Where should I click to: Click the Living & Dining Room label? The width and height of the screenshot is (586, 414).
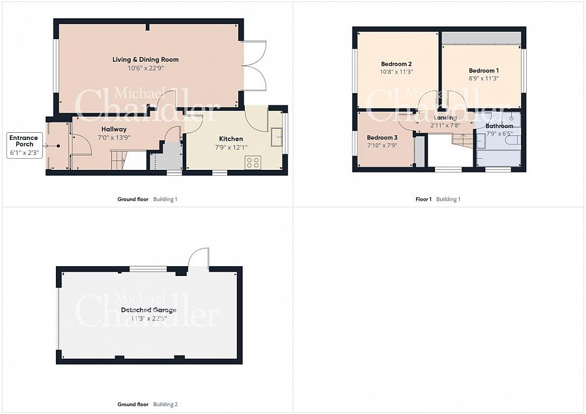tap(145, 59)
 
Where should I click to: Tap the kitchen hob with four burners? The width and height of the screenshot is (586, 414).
tap(253, 163)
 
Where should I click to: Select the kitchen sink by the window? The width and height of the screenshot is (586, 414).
tap(277, 137)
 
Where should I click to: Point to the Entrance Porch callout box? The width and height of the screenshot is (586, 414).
tap(25, 145)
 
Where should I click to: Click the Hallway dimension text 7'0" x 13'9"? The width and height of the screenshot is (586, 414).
tap(114, 137)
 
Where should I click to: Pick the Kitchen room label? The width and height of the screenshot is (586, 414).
tap(231, 139)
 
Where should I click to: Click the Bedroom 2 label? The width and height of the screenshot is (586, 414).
tap(396, 64)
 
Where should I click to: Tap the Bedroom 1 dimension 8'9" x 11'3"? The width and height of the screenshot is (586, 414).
tap(484, 79)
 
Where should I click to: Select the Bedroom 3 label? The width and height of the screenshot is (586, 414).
tap(382, 137)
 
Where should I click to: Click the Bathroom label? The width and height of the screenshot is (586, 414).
tap(499, 126)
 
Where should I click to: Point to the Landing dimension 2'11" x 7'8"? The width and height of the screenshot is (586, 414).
tap(445, 126)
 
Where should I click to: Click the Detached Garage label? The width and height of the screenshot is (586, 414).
tap(148, 310)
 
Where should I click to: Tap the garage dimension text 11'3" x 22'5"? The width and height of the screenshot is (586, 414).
tap(148, 318)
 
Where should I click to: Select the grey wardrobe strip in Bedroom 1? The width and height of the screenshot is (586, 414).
tap(481, 38)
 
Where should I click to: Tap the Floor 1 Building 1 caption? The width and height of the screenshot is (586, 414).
tap(438, 199)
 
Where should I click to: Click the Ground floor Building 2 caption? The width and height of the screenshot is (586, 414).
tap(148, 404)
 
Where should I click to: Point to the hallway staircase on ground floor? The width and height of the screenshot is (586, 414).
tap(120, 160)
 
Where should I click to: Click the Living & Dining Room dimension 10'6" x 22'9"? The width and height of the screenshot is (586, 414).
tap(146, 68)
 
